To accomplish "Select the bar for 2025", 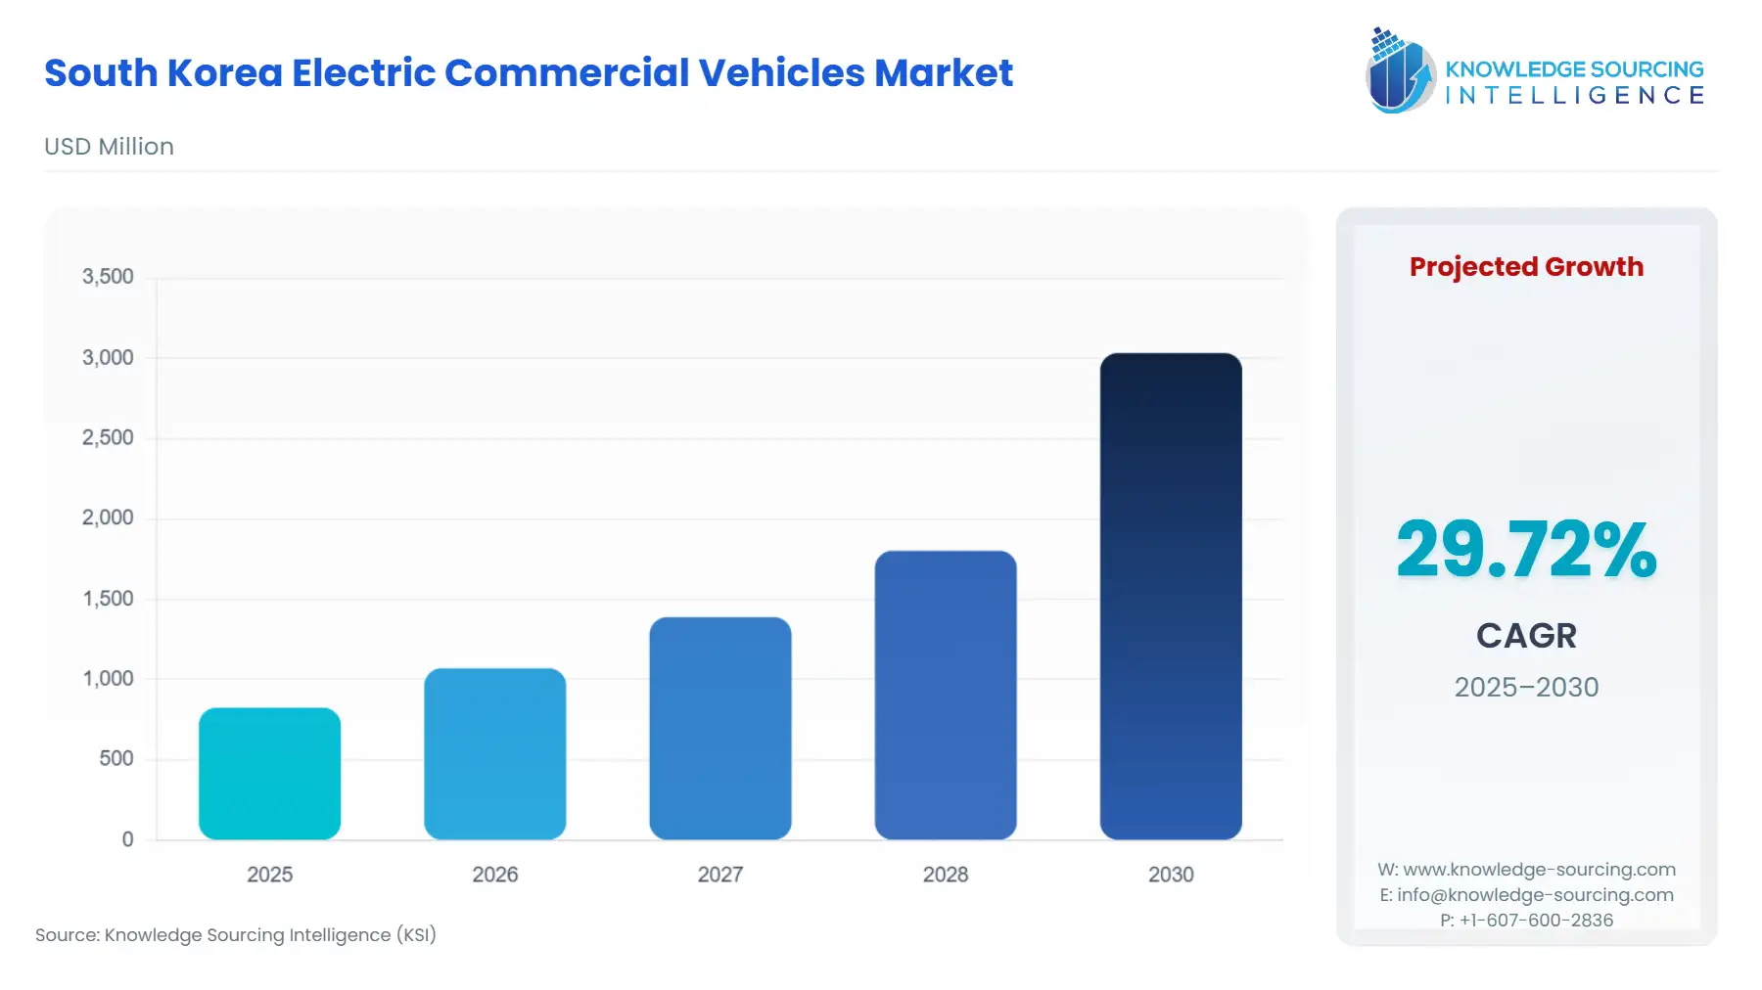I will (269, 774).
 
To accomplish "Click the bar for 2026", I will (494, 754).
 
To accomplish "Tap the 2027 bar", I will (719, 728).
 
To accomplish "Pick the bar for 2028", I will (945, 695).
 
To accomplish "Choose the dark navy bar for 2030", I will (1170, 596).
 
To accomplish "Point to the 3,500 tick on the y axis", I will (108, 277).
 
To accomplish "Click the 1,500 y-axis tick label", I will (108, 599).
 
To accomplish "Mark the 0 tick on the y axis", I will (127, 839).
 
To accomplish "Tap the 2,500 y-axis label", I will (108, 437).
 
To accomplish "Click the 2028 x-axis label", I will (945, 875).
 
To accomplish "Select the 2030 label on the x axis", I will (1170, 875).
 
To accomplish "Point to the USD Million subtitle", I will (109, 147).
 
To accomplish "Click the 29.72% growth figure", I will (1525, 550).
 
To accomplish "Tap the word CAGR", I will (1525, 636).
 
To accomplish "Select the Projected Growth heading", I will (1525, 267).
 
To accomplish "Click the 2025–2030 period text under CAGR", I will (1525, 687).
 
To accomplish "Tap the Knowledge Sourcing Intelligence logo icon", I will (1400, 70).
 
